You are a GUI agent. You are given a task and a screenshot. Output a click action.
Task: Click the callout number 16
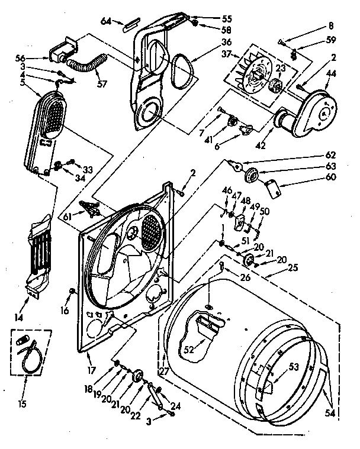click(64, 310)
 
